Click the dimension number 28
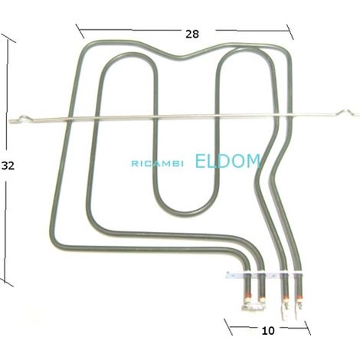point(192,34)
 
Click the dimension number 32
point(8,166)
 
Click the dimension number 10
point(268,331)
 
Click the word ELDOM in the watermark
point(228,161)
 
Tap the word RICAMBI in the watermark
point(157,164)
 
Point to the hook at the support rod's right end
point(348,113)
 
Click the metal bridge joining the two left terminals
point(254,307)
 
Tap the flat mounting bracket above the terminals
point(264,275)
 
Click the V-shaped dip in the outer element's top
point(181,57)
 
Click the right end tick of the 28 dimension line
point(290,32)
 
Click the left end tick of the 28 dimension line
point(80,31)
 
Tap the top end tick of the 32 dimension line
point(8,38)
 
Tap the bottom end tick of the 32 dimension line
point(5,283)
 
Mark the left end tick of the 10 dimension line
point(228,327)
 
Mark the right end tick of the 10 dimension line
point(307,328)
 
